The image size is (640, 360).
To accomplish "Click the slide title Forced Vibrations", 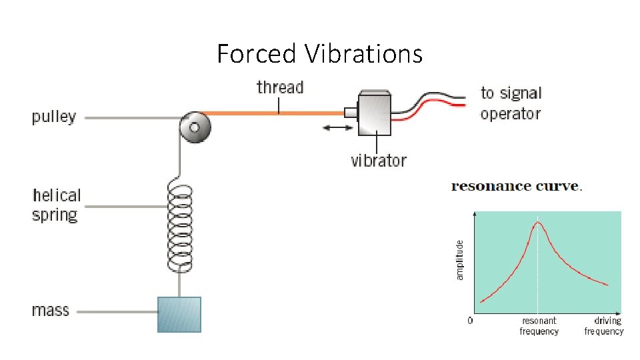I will [319, 53].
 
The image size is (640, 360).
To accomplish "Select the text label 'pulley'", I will [54, 118].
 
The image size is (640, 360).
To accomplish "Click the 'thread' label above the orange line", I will [280, 87].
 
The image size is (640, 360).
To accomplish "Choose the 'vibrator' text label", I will [379, 161].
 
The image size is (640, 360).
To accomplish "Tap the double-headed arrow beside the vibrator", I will [337, 126].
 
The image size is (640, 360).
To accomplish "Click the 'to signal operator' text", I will [511, 103].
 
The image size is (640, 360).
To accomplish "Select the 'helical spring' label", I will [56, 205].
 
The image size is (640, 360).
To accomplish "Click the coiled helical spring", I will [179, 227].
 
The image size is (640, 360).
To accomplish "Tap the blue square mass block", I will [179, 315].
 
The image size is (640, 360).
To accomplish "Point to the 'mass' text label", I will [51, 311].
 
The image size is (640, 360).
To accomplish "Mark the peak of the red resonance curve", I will [538, 223].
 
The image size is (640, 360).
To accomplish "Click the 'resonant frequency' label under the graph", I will [539, 326].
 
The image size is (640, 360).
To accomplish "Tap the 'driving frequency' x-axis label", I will [604, 326].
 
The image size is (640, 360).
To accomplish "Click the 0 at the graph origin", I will [470, 321].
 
